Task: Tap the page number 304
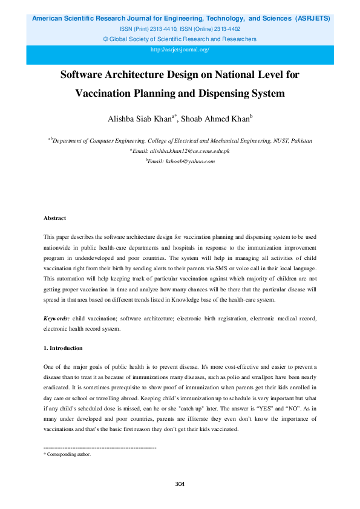click(180, 484)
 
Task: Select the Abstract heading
click(54, 218)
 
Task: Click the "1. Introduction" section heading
click(63, 348)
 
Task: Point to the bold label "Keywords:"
click(56, 318)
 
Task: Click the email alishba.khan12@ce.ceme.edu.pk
click(181, 151)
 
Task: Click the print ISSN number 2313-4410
click(168, 28)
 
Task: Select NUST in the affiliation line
click(282, 140)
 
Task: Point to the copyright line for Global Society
click(180, 39)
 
